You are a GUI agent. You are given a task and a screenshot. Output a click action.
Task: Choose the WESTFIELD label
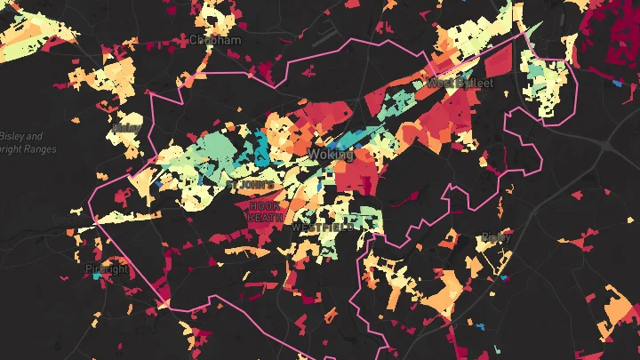[322, 228]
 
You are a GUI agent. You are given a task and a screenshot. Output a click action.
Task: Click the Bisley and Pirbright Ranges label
[21, 142]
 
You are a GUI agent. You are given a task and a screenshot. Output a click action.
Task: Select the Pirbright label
[108, 268]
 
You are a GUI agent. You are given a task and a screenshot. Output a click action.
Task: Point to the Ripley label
[495, 237]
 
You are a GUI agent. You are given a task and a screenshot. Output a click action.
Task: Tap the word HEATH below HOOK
[266, 218]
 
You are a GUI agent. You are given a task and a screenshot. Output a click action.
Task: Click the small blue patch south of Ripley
[504, 278]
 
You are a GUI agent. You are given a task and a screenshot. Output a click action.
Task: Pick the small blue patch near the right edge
[617, 83]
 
